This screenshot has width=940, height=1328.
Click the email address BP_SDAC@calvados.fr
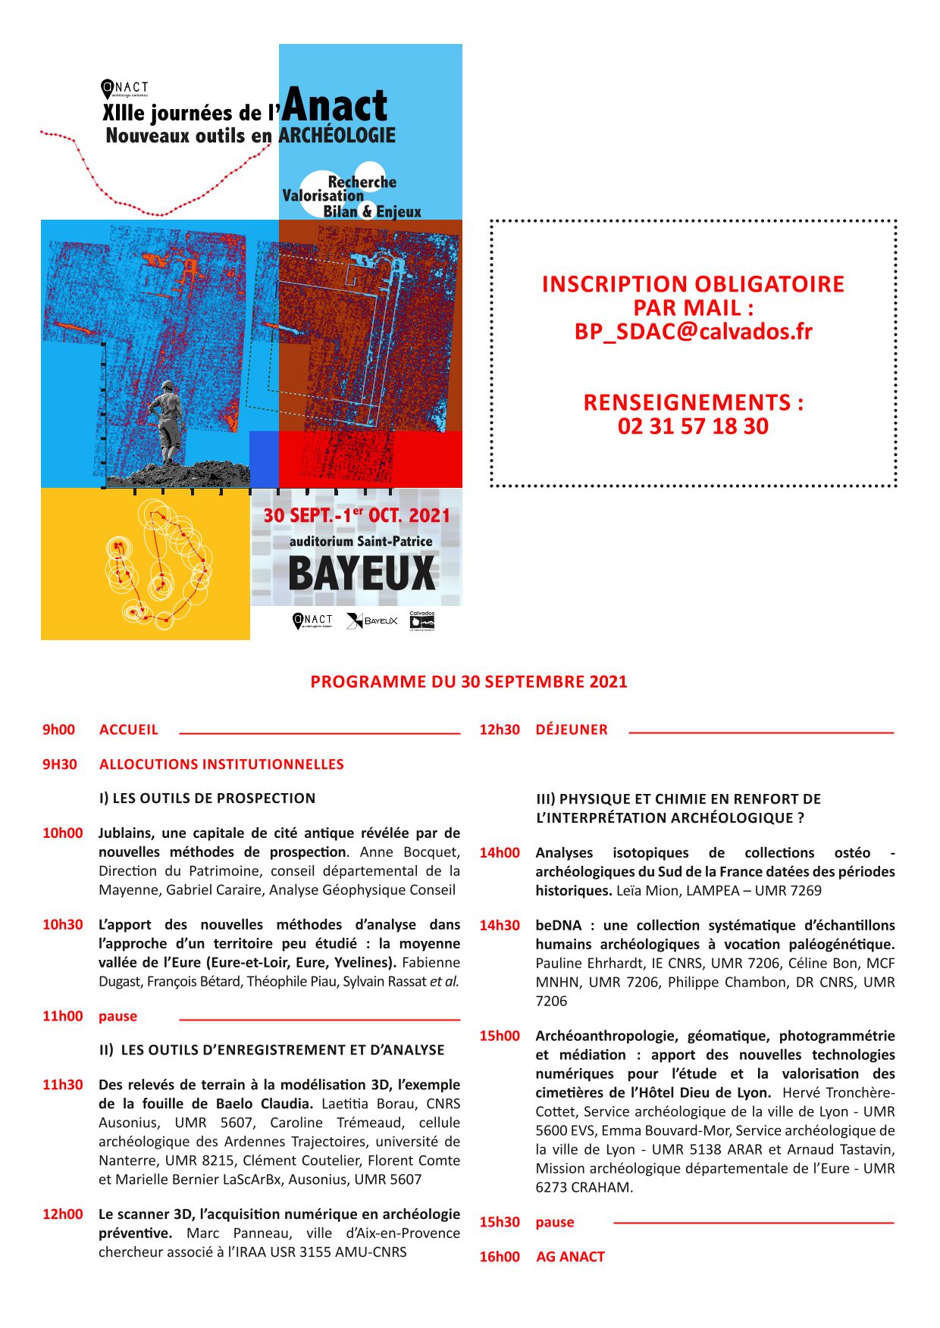tap(693, 332)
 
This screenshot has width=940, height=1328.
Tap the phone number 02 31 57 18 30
tap(693, 426)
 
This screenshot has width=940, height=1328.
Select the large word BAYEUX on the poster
tap(362, 573)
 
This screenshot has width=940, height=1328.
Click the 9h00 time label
tap(58, 730)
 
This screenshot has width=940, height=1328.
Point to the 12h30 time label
tap(500, 730)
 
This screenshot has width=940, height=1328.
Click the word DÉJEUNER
tap(572, 730)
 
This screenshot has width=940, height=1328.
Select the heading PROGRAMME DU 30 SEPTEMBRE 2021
tap(468, 682)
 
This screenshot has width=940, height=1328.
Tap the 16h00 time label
tap(500, 1257)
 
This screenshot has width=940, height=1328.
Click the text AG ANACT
tap(570, 1257)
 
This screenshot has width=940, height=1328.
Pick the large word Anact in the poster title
tap(336, 105)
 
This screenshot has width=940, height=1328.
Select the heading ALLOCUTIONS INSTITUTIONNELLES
tap(221, 764)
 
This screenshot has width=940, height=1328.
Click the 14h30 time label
tap(500, 925)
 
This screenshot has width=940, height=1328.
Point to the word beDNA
tap(559, 925)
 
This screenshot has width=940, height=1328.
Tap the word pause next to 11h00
tap(117, 1016)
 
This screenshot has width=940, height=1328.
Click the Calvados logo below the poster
tap(421, 621)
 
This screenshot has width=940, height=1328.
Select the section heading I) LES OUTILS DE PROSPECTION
tap(207, 798)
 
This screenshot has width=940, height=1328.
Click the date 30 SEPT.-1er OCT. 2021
tap(356, 515)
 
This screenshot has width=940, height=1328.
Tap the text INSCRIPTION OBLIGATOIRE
tap(693, 284)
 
